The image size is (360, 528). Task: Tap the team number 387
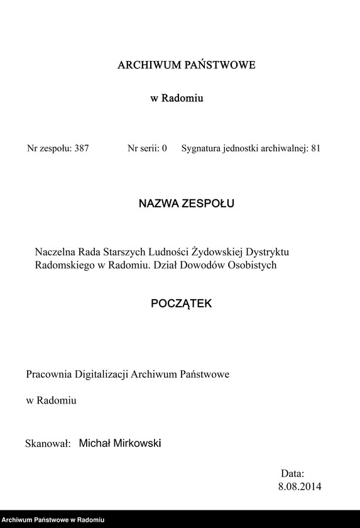point(81,149)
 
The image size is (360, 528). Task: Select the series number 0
point(164,149)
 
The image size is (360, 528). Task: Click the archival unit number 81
point(315,149)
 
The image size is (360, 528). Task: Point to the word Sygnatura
point(202,149)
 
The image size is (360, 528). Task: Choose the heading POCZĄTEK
point(182,304)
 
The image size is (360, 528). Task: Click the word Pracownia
point(49,374)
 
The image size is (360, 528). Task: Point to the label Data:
point(292,473)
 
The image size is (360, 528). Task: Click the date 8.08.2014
point(300,487)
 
